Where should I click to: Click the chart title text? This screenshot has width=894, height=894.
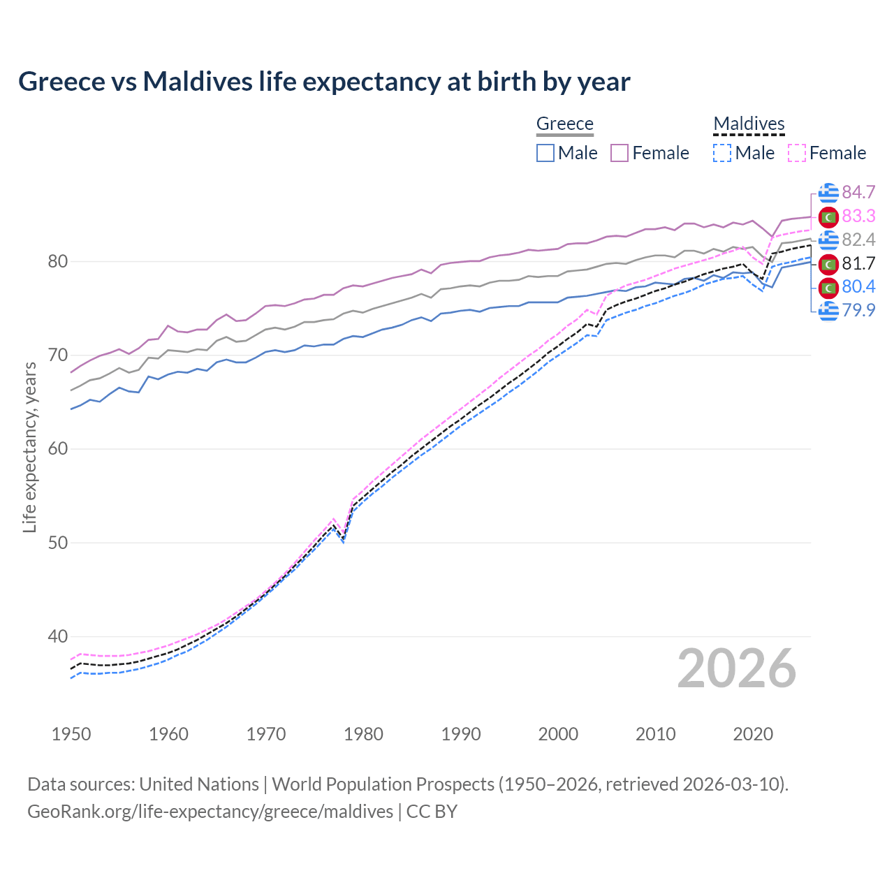(324, 82)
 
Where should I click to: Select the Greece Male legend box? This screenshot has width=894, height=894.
(545, 153)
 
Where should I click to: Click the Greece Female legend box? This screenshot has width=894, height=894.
(620, 153)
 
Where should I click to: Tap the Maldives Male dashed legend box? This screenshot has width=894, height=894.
(722, 153)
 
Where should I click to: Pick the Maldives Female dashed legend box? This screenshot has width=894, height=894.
(797, 153)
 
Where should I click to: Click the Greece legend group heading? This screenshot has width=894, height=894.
(564, 124)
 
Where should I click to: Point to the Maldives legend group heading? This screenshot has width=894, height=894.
(749, 124)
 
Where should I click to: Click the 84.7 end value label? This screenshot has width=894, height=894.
(858, 193)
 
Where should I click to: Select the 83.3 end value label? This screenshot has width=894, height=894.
(858, 217)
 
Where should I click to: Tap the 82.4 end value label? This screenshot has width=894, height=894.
(858, 240)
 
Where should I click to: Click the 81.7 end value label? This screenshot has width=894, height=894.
(858, 264)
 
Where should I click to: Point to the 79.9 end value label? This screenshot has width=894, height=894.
(858, 310)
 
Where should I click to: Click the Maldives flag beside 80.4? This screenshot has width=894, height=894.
(828, 287)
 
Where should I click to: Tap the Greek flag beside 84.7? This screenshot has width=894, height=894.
(828, 193)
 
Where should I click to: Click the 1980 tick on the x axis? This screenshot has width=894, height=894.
(364, 734)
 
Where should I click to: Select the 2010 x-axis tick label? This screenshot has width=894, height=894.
(656, 734)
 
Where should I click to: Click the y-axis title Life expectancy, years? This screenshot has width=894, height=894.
(29, 447)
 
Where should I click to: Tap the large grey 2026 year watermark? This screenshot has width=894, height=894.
(736, 669)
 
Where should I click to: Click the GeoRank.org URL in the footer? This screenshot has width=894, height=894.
(210, 812)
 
